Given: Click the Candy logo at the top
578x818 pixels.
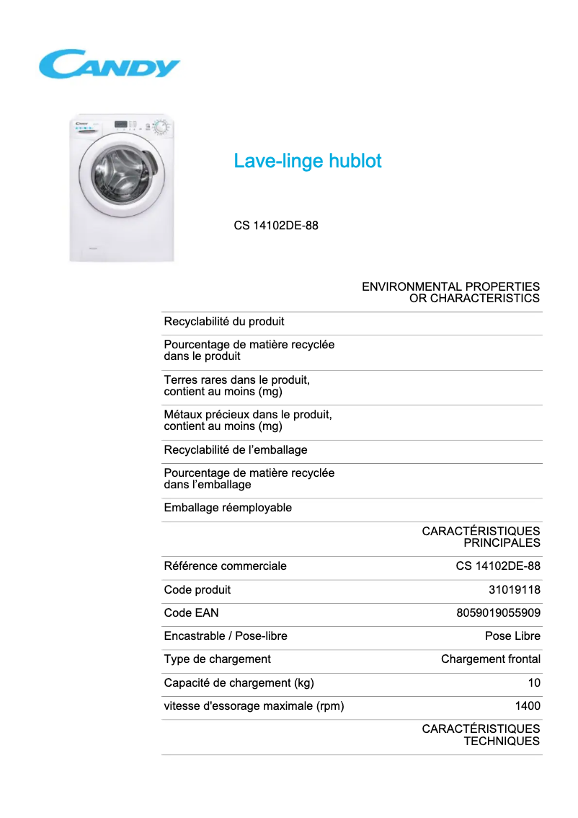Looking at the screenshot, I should pos(109,64).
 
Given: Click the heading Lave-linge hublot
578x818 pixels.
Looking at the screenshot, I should pos(307,161).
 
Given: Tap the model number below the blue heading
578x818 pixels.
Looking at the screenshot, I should pos(276,226).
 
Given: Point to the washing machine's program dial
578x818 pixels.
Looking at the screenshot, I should pos(160,128).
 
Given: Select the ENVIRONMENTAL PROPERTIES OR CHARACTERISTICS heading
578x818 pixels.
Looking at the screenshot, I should pos(450,292).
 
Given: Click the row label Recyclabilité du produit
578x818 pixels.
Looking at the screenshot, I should pos(224,322).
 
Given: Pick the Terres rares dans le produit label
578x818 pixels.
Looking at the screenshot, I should pos(237,386).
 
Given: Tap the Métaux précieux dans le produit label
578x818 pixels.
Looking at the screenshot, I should pos(248,421).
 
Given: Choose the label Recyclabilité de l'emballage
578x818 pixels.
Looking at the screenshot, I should pos(236,450).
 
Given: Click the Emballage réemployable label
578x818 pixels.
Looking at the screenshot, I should pos(228,508).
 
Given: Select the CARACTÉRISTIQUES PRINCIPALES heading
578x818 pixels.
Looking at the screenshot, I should pos(481,537).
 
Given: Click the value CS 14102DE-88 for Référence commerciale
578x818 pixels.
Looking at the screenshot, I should pos(498,566).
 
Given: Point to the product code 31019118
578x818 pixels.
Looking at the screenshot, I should pos(514,590).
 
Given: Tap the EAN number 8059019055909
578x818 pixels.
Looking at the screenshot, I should pos(498,613).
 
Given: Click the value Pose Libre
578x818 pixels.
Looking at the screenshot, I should pos(512,636).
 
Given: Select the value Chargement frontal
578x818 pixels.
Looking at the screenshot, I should pos(490,659).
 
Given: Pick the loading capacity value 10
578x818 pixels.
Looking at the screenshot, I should pos(534,683).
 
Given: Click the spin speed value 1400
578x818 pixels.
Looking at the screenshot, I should pos(527,706).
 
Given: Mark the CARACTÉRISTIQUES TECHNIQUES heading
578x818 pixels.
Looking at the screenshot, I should pos(481,735).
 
